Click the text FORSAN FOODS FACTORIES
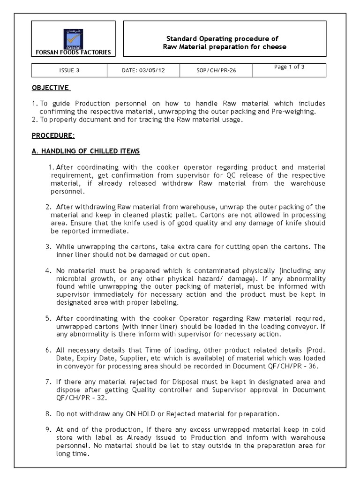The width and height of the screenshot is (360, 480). point(74,52)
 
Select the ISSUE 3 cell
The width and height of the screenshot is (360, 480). point(69,71)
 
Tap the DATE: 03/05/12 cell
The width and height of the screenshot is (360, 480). point(143,71)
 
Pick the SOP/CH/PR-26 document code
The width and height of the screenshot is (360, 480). point(216,71)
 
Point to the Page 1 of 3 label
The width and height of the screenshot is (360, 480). point(289,67)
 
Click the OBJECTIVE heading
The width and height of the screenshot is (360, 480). point(51,88)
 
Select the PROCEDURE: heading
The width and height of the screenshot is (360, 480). point(53,135)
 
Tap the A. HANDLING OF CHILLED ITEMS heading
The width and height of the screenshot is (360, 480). point(86,151)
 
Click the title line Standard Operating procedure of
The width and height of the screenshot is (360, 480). point(223,39)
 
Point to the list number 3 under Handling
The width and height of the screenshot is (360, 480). point(48,247)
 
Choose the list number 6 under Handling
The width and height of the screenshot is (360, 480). point(48,350)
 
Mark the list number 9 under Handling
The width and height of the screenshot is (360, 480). point(48,429)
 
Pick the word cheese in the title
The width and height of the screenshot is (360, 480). point(276,47)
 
